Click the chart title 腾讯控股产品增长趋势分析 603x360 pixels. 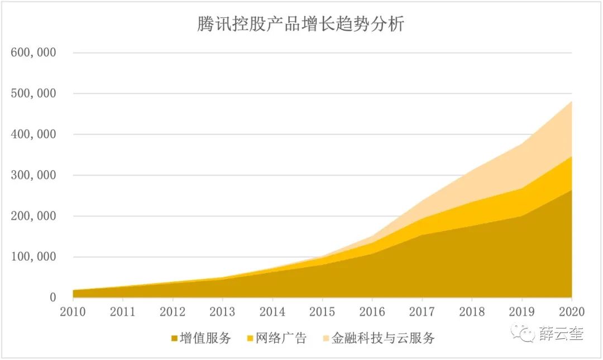(300, 25)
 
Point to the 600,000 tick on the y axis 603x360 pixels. (33, 53)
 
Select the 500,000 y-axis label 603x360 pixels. (33, 94)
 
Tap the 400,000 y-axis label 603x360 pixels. (33, 135)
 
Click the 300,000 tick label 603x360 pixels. (33, 175)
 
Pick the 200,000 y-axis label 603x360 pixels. (33, 216)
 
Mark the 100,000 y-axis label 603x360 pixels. (33, 257)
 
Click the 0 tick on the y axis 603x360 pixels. (52, 298)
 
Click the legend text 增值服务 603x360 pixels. (205, 338)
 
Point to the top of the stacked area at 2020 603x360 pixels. (571, 102)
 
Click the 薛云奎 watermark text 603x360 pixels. (561, 334)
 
